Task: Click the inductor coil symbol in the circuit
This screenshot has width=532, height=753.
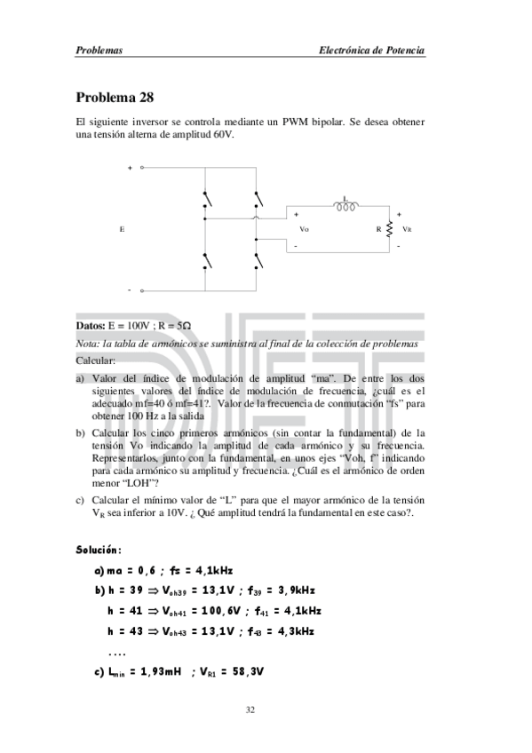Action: [345, 208]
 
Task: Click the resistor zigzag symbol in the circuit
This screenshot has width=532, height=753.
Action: [391, 229]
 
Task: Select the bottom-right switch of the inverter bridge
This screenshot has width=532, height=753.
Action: [258, 260]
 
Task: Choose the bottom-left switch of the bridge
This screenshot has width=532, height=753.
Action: [207, 260]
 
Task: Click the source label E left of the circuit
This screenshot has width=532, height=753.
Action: [121, 229]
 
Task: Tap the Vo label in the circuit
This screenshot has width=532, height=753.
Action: [304, 229]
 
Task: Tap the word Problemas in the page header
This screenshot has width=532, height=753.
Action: [99, 51]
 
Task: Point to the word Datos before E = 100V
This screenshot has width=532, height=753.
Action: [91, 326]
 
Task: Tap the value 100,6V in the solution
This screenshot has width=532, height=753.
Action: [207, 611]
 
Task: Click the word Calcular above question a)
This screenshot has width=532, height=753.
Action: [96, 361]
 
